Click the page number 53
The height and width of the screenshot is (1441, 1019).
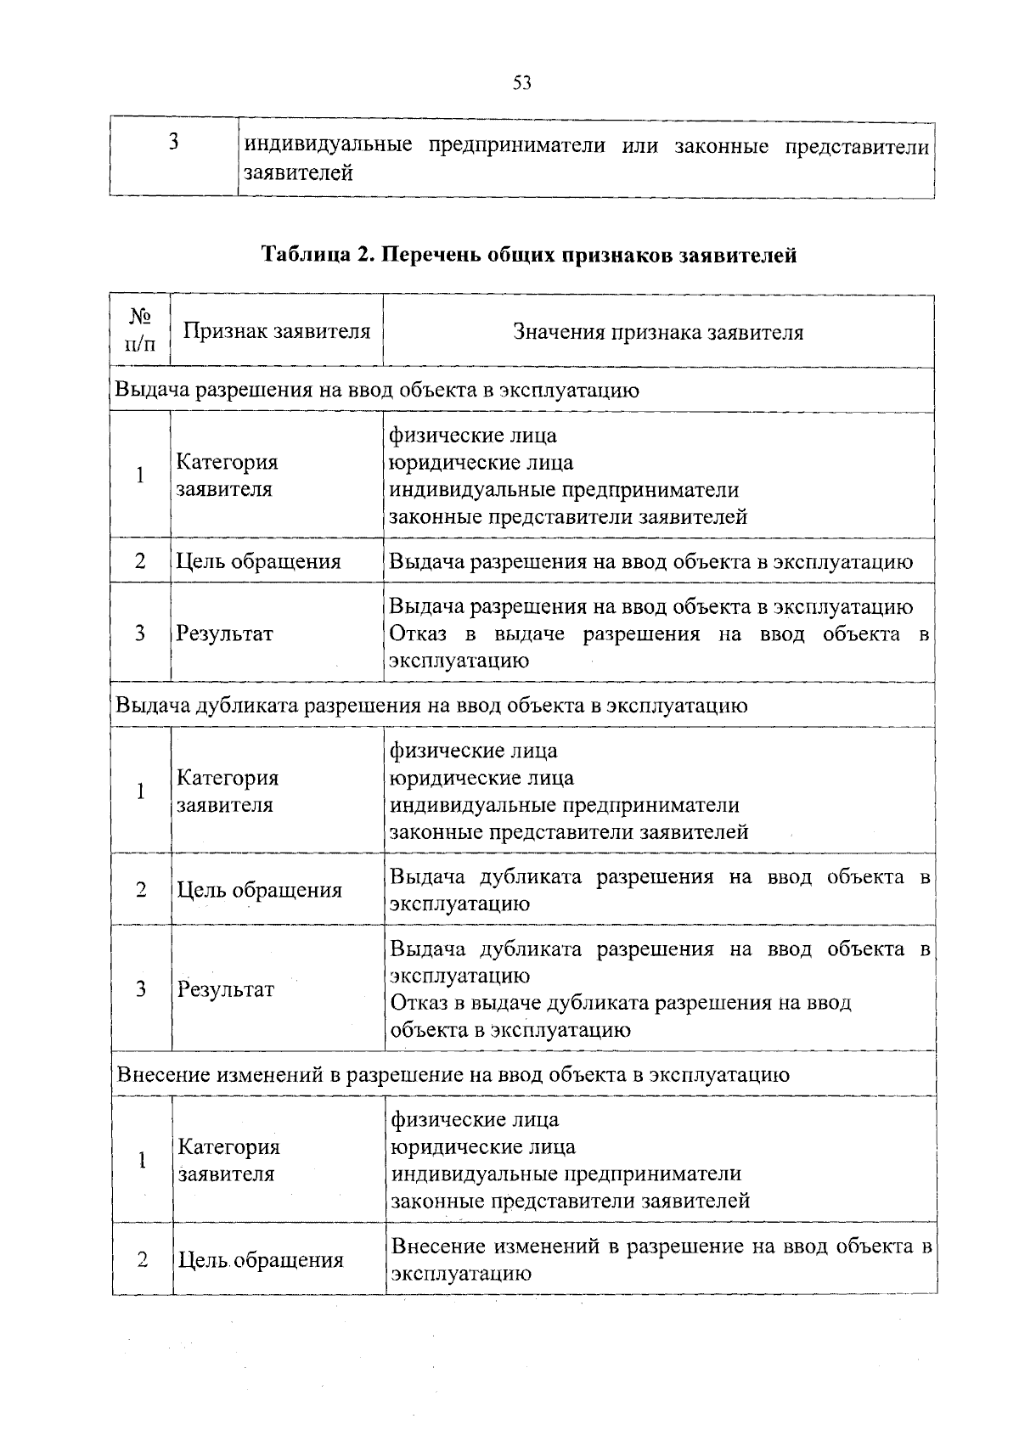click(x=522, y=82)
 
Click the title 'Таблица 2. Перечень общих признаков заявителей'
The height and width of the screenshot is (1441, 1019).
click(x=529, y=255)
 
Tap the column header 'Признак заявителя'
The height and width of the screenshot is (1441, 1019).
click(x=277, y=331)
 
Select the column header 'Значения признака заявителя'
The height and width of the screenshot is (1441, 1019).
click(x=658, y=332)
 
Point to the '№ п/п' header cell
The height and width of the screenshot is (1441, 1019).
click(x=140, y=330)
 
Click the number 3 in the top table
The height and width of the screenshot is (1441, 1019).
click(x=173, y=143)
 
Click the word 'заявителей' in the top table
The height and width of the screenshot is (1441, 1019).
click(x=298, y=173)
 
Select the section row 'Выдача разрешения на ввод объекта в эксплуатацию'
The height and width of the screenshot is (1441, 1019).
click(x=377, y=390)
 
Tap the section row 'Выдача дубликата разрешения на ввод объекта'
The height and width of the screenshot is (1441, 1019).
click(x=431, y=706)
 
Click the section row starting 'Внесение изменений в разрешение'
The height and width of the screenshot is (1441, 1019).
click(x=453, y=1074)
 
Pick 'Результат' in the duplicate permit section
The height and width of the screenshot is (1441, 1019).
click(x=226, y=989)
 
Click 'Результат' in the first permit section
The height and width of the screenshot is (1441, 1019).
click(x=225, y=633)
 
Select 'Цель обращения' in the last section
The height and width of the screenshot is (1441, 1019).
click(x=261, y=1260)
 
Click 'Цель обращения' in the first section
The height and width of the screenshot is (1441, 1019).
click(x=259, y=561)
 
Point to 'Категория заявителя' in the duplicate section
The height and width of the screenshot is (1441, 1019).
click(x=228, y=791)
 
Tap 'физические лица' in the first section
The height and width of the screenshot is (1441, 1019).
click(x=473, y=436)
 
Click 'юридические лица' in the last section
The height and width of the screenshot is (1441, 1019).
click(x=483, y=1147)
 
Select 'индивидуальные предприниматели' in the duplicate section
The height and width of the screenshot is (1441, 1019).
click(x=564, y=805)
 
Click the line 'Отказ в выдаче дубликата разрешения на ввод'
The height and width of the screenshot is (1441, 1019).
click(x=621, y=1003)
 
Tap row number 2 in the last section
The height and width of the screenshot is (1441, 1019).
click(x=142, y=1259)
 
